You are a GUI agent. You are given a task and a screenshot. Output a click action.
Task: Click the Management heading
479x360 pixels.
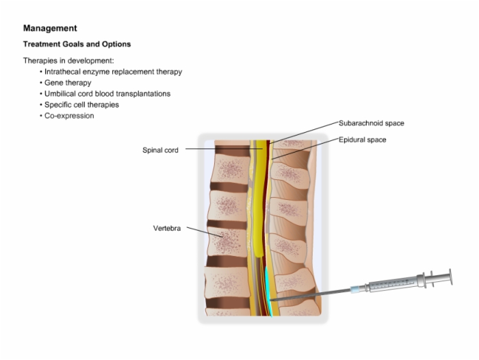click(50, 28)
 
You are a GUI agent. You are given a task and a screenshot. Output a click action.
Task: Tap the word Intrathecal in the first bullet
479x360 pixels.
click(62, 71)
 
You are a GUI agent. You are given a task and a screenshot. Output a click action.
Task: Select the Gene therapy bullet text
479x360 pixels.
click(68, 83)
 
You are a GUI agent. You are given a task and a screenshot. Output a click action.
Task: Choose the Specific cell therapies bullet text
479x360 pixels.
click(81, 105)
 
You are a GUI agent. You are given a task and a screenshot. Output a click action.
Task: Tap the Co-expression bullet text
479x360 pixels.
click(69, 116)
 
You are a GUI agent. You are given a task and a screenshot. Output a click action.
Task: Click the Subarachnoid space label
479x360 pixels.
click(371, 123)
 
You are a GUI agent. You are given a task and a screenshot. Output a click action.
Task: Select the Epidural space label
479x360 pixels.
click(362, 140)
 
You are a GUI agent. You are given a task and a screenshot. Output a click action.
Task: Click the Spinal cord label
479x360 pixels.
click(160, 150)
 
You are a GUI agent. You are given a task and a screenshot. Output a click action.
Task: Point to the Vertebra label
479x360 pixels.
click(167, 229)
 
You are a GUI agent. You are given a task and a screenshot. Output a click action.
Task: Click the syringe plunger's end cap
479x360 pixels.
click(450, 277)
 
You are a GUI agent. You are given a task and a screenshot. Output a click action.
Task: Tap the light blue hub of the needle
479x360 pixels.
click(356, 289)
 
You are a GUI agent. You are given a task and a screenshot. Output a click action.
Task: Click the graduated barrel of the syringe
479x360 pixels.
click(394, 284)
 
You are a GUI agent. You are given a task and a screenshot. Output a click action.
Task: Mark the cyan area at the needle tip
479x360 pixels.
click(268, 290)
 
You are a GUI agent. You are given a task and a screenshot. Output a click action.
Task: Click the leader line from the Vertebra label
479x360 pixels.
click(205, 232)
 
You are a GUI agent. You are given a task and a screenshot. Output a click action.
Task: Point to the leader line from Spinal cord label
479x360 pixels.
click(224, 149)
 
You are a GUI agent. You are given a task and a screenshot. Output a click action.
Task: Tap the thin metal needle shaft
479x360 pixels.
click(311, 295)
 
